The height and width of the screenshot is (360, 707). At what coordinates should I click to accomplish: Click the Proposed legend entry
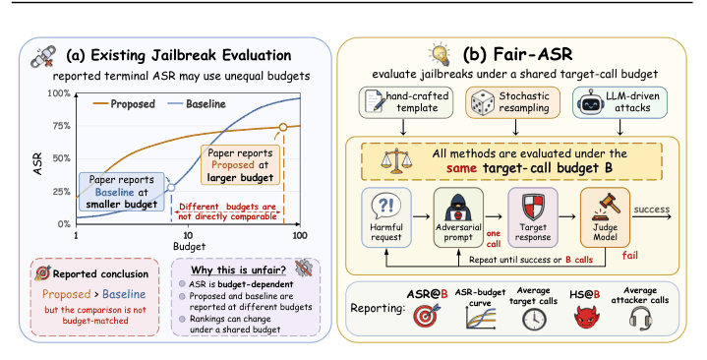124,103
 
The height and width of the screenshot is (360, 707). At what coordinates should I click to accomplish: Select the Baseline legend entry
197,103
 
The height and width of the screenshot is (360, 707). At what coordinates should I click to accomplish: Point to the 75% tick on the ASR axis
59,126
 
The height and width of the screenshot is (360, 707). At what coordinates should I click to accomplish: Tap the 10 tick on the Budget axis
188,235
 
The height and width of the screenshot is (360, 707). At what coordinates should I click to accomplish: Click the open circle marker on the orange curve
283,127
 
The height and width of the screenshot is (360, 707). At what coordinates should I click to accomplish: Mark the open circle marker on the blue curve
171,187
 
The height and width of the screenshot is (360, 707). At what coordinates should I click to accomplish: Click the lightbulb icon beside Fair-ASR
441,54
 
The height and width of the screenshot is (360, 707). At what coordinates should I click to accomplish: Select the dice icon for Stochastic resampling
482,103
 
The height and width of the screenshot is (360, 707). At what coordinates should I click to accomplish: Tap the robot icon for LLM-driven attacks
591,103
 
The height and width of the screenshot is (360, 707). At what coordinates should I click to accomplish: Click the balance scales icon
396,162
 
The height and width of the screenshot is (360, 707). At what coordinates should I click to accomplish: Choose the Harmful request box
386,218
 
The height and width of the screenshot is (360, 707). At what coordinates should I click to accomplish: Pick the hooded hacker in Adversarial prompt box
458,208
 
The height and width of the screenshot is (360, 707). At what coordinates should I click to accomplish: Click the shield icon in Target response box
533,208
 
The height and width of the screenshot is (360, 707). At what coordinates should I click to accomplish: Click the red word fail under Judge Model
630,256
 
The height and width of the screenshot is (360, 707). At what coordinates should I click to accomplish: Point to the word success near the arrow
652,210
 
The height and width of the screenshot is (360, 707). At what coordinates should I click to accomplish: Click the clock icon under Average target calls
534,320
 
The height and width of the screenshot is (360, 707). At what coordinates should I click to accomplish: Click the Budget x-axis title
189,247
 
